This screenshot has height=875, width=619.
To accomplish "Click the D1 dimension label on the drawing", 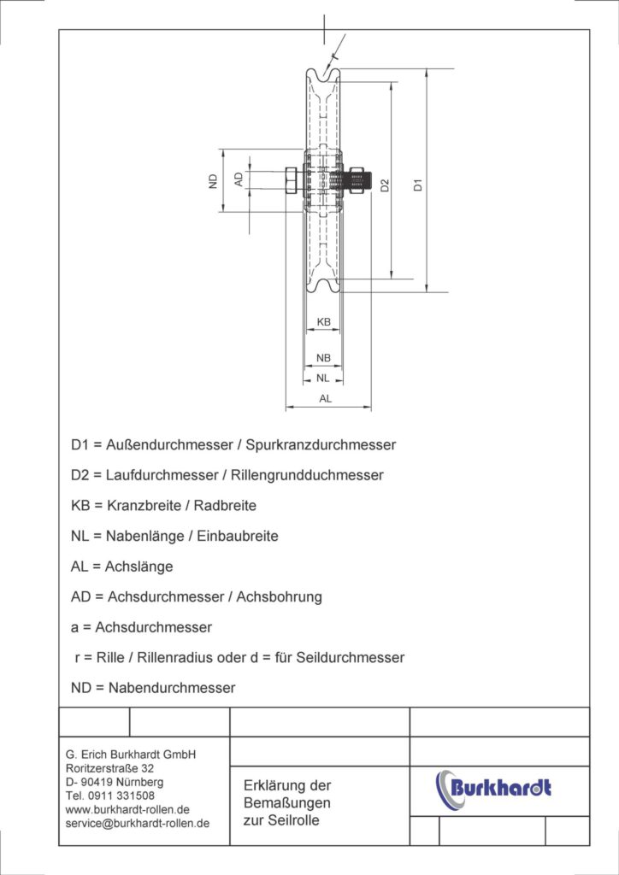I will (x=417, y=184).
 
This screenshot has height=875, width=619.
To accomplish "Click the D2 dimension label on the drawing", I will (x=386, y=185).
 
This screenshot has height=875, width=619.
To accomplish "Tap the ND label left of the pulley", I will (x=213, y=180).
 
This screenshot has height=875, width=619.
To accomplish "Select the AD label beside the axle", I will (x=239, y=179).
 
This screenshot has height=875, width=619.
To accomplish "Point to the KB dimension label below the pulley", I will (x=324, y=322).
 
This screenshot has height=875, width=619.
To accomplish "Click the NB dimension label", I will (x=324, y=357).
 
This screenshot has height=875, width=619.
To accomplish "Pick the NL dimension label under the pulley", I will (x=322, y=377).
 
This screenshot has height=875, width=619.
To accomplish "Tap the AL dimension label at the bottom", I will (x=326, y=399).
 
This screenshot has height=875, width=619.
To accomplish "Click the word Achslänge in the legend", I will (x=139, y=567).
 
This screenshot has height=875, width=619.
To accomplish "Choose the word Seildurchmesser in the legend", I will (x=346, y=658).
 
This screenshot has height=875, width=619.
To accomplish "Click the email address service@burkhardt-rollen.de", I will (x=138, y=823).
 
